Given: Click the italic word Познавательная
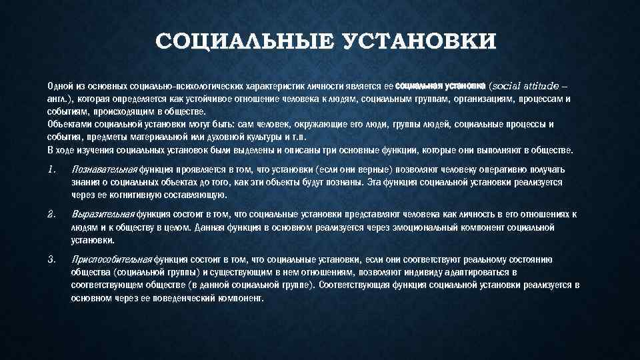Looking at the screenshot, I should pyautogui.click(x=103, y=169).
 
